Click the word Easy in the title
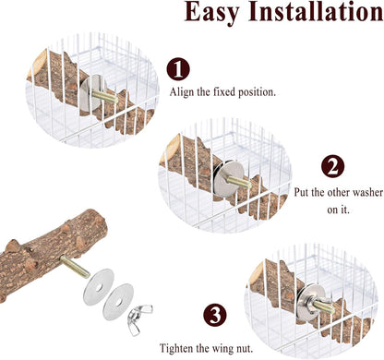pyautogui.click(x=211, y=12)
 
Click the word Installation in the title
pyautogui.click(x=316, y=11)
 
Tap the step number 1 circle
pyautogui.click(x=178, y=69)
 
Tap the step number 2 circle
pyautogui.click(x=332, y=166)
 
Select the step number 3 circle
pyautogui.click(x=215, y=315)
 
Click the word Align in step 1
pyautogui.click(x=182, y=92)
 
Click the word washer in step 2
pyautogui.click(x=367, y=193)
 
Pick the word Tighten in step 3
pyautogui.click(x=175, y=349)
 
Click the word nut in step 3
pyautogui.click(x=246, y=349)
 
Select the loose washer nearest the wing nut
pyautogui.click(x=118, y=302)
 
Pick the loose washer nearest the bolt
pyautogui.click(x=99, y=287)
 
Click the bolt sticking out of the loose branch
pyautogui.click(x=75, y=267)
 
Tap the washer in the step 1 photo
pyautogui.click(x=91, y=93)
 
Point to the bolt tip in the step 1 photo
pyautogui.click(x=115, y=100)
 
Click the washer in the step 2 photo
pyautogui.click(x=227, y=179)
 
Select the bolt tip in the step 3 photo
pyautogui.click(x=331, y=309)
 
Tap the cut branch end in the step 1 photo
pyautogui.click(x=36, y=63)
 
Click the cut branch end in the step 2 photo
pyautogui.click(x=170, y=148)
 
